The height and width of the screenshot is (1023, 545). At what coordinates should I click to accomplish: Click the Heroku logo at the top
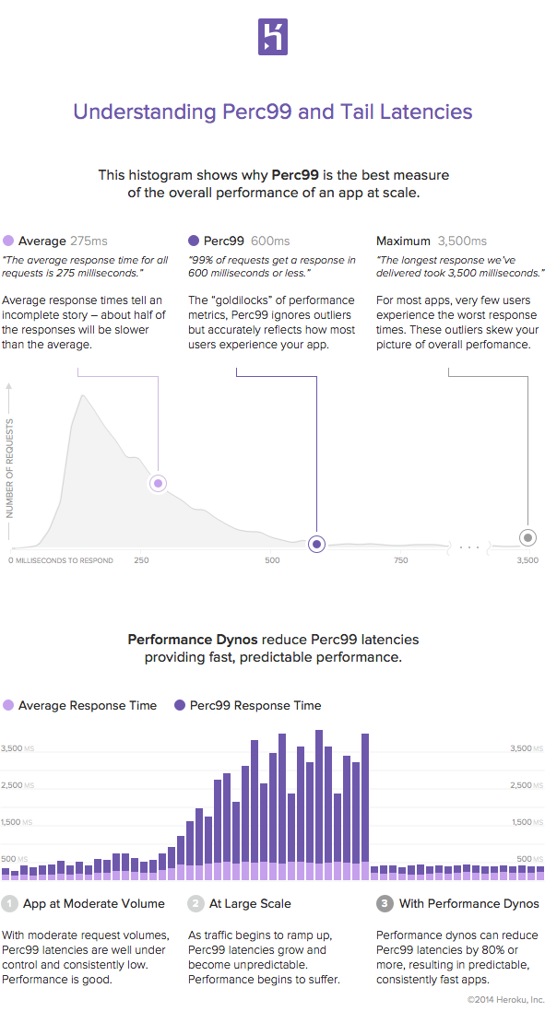click(272, 38)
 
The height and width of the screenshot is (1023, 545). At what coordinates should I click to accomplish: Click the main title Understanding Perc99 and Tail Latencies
click(272, 112)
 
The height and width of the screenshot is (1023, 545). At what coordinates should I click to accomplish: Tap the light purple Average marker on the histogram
click(158, 483)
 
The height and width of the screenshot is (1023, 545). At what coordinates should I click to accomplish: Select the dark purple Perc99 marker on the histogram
click(316, 544)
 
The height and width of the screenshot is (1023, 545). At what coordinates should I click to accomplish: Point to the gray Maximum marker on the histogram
click(527, 537)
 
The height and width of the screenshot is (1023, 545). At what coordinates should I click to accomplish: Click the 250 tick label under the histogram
click(141, 560)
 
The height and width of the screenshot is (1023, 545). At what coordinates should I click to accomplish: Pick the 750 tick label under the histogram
click(401, 560)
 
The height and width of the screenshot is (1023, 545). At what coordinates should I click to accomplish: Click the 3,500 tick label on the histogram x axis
click(527, 560)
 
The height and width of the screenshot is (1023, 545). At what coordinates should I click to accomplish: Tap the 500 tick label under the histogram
click(272, 560)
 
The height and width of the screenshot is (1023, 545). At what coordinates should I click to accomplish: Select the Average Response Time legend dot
click(8, 705)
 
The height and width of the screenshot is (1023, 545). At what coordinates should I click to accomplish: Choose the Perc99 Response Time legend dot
click(178, 705)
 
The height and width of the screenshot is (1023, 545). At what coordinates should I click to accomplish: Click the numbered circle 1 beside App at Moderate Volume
click(10, 903)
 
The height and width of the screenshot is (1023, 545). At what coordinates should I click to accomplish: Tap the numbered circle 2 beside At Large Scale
click(196, 903)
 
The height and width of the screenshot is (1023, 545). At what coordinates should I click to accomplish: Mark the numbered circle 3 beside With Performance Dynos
click(385, 903)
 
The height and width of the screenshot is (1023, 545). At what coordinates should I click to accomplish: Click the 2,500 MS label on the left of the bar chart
click(18, 785)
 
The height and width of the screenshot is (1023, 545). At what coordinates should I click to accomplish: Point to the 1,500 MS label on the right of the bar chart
click(527, 822)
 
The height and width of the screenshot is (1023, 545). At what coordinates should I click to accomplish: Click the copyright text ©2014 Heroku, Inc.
click(504, 998)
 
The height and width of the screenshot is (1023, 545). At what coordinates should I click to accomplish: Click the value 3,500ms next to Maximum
click(462, 241)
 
